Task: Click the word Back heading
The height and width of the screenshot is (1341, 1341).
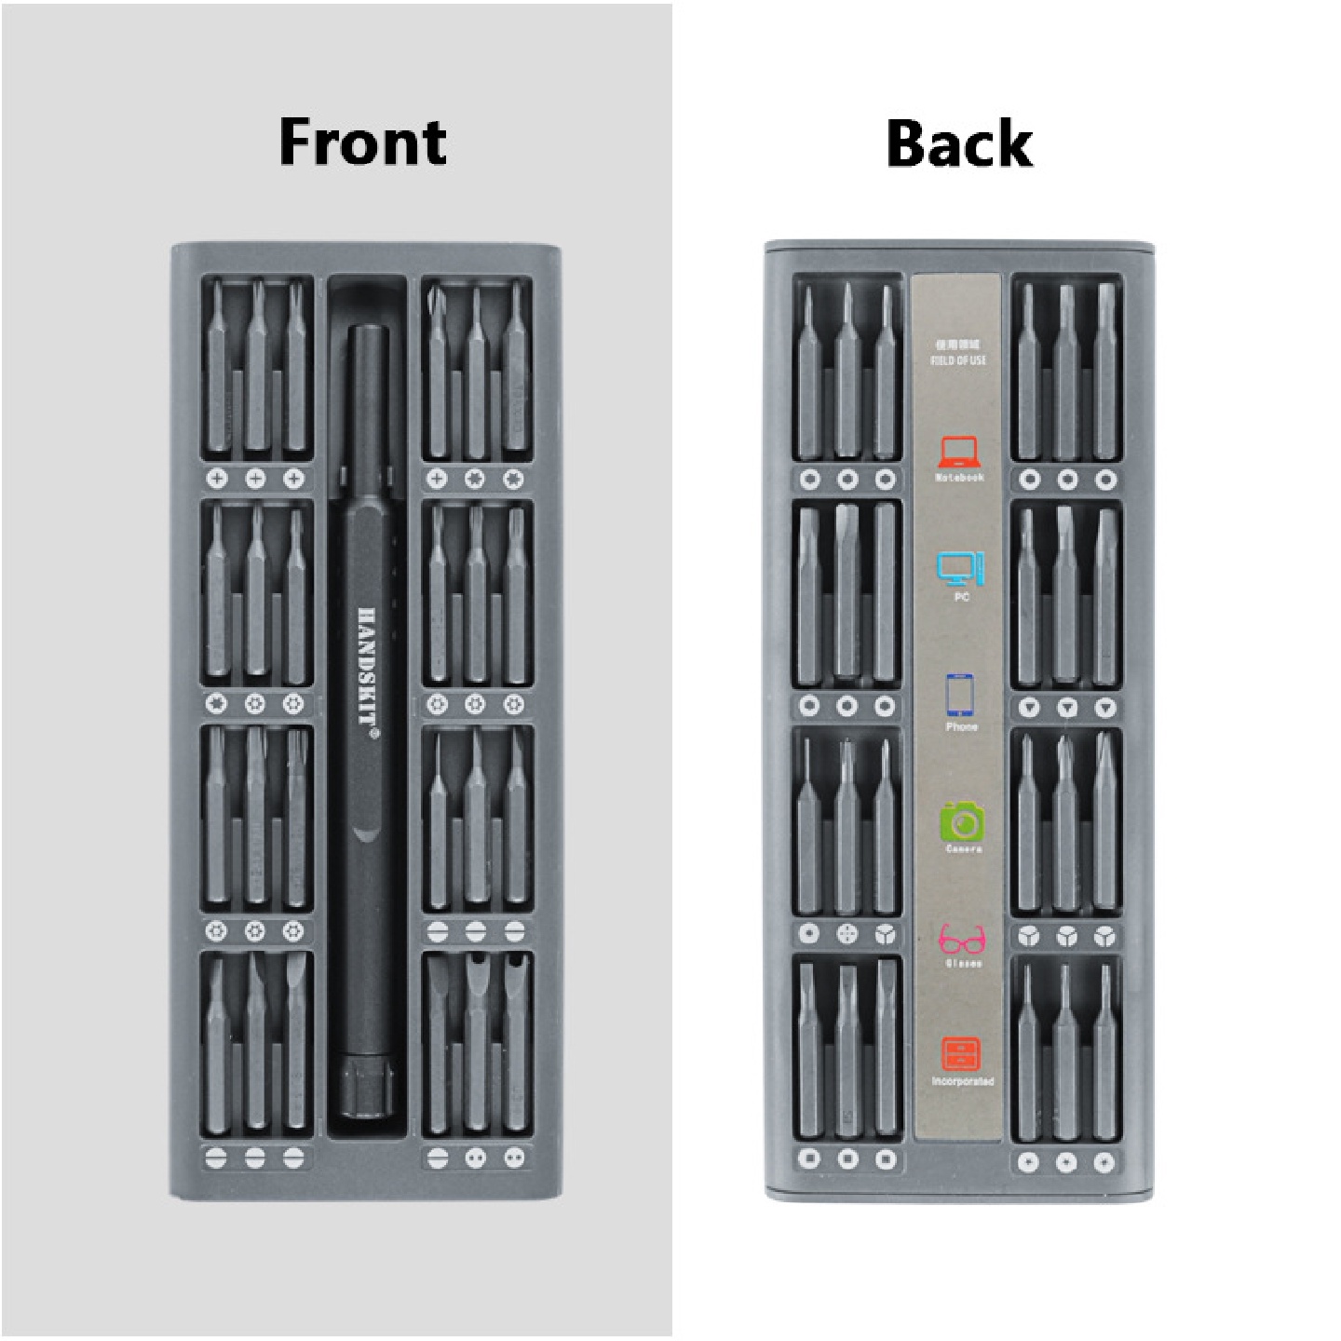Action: click(x=959, y=144)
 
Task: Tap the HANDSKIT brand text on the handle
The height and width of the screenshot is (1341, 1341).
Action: click(x=367, y=670)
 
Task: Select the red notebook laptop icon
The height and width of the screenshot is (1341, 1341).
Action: click(x=958, y=453)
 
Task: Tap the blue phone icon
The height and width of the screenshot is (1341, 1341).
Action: click(x=960, y=695)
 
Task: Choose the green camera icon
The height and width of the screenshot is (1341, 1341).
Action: click(x=962, y=821)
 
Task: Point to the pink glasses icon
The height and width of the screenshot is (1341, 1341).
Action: click(x=962, y=939)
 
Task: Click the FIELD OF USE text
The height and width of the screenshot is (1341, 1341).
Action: click(x=958, y=360)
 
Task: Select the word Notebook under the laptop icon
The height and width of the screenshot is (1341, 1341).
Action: click(x=959, y=479)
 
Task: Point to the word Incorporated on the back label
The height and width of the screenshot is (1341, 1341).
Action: click(x=962, y=1082)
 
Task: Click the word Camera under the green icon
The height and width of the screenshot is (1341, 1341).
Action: click(x=963, y=849)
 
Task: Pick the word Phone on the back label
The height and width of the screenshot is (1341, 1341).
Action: click(x=961, y=726)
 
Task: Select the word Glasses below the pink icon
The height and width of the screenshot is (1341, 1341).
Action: click(x=963, y=964)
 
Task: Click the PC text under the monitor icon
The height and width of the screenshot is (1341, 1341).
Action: click(x=962, y=597)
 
